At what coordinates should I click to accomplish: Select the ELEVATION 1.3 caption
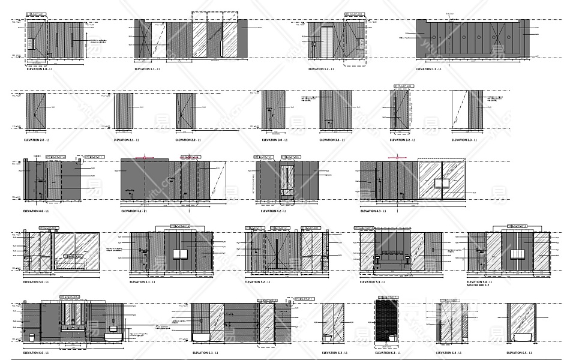(x=426, y=70)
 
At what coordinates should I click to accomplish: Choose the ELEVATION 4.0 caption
(x=36, y=211)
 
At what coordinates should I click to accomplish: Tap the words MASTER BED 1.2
(x=478, y=286)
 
